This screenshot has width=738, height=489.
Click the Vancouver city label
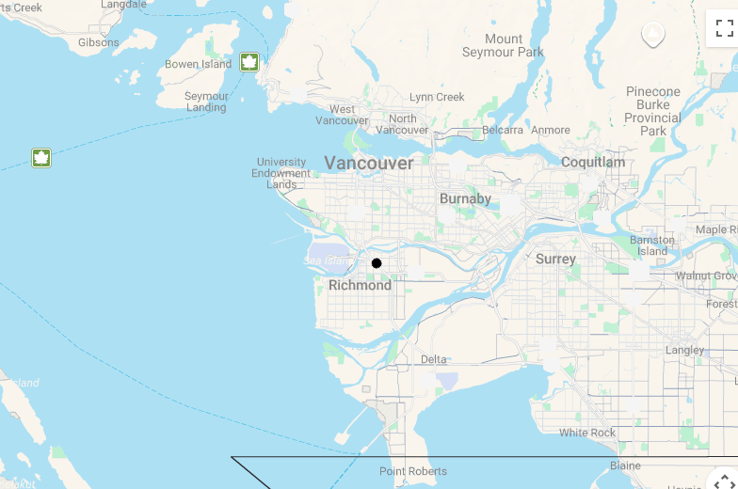(369, 163)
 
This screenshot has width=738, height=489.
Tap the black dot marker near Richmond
(377, 263)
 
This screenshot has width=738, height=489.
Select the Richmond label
(360, 285)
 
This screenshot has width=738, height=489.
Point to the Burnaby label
(465, 198)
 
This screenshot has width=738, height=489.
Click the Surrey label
(555, 259)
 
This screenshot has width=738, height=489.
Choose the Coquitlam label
(593, 162)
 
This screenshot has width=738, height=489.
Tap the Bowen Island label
(198, 64)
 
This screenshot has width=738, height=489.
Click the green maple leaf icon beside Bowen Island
(249, 62)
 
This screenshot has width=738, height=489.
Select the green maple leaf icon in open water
(41, 157)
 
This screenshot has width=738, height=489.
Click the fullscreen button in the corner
(724, 28)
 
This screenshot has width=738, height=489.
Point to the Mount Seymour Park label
(504, 45)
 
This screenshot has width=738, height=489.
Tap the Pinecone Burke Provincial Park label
(652, 111)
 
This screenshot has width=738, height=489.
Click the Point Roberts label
(413, 471)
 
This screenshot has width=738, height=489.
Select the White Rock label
(587, 433)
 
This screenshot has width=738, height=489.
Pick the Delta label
(434, 359)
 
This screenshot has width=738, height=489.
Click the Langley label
(684, 350)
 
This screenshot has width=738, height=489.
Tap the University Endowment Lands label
(281, 173)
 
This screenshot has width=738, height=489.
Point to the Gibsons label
(99, 42)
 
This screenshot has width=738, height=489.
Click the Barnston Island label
(652, 245)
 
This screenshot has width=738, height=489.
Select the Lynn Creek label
(437, 97)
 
